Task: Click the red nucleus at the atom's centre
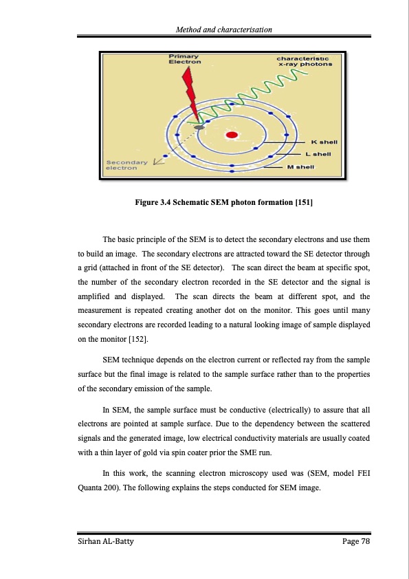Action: click(x=232, y=135)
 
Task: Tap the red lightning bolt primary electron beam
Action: click(x=190, y=94)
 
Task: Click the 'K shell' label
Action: click(x=324, y=142)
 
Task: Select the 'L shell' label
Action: click(x=318, y=153)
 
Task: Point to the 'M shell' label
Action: click(x=300, y=167)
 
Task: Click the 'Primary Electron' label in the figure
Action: click(x=185, y=59)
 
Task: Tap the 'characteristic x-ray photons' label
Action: click(x=304, y=61)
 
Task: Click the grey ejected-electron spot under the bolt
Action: click(x=199, y=127)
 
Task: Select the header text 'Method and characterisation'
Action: click(x=223, y=30)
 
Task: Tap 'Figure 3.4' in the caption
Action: click(x=153, y=202)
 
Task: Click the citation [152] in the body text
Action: click(x=138, y=339)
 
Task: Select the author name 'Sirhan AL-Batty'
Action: click(x=106, y=541)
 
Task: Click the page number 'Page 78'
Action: click(x=356, y=541)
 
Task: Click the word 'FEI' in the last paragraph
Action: click(x=364, y=473)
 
